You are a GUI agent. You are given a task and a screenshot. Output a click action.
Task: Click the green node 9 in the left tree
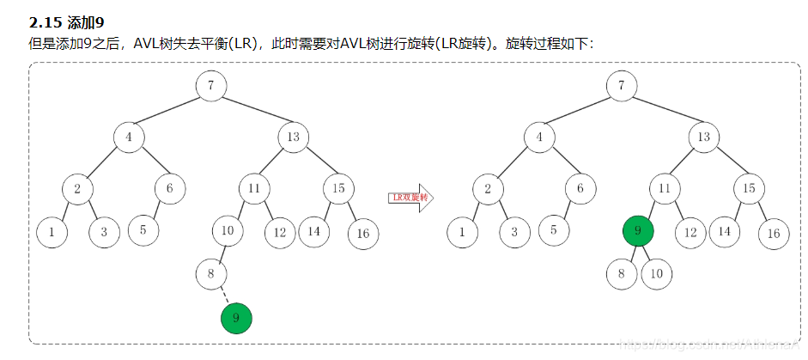click(236, 319)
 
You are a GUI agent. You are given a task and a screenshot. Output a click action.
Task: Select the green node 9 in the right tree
click(638, 230)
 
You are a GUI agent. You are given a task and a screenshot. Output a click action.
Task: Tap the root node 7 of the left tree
click(210, 86)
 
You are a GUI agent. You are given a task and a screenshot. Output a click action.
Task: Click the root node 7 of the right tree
click(621, 86)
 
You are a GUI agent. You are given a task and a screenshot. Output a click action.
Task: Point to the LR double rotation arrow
click(410, 197)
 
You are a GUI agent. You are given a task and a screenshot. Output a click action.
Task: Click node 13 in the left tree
click(293, 137)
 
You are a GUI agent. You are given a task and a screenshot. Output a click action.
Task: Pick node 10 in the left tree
click(228, 230)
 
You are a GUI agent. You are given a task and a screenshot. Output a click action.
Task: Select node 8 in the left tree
click(210, 275)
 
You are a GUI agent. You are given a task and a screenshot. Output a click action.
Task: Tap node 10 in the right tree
click(657, 275)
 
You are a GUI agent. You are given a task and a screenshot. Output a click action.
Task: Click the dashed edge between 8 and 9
click(225, 296)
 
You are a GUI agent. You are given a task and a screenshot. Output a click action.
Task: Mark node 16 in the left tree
click(363, 234)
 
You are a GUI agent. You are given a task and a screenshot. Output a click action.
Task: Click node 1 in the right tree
click(463, 230)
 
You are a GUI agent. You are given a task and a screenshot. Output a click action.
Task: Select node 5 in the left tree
click(143, 229)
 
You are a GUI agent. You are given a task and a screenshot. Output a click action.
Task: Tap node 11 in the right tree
click(664, 187)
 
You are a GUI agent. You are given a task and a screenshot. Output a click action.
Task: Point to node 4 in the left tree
click(129, 137)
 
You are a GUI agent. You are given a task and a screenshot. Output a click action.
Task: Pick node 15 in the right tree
click(748, 187)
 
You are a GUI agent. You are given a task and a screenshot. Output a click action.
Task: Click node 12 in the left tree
click(279, 230)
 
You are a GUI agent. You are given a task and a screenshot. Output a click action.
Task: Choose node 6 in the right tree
click(580, 187)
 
